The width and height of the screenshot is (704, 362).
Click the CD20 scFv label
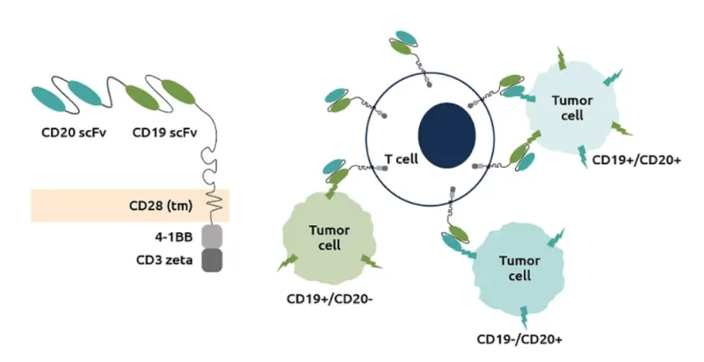click(x=69, y=134)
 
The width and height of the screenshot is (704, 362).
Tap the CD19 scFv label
click(x=165, y=134)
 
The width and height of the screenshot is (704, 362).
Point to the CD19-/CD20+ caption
click(x=514, y=339)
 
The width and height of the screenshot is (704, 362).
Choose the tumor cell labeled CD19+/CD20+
click(x=571, y=107)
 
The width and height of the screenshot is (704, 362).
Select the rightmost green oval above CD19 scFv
click(x=176, y=102)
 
